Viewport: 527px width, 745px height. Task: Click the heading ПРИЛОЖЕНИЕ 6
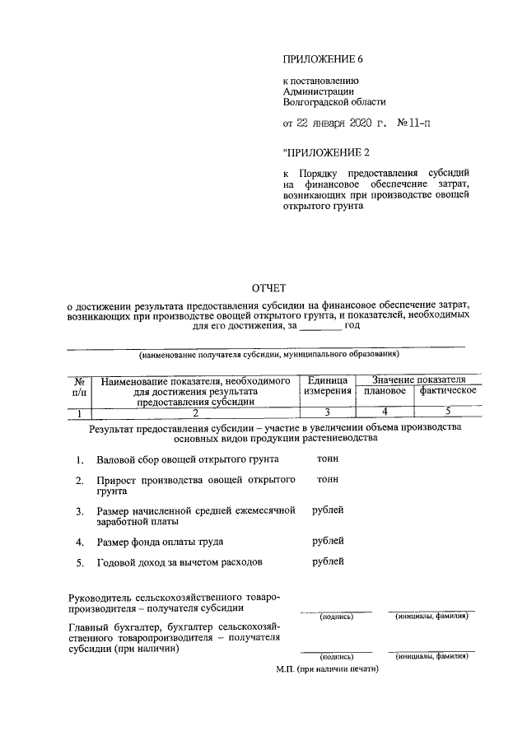point(322,60)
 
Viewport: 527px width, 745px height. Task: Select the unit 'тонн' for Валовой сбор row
point(326,458)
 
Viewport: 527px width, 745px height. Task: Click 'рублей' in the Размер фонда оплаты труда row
point(328,541)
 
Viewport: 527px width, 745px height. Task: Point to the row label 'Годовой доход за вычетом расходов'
point(179,563)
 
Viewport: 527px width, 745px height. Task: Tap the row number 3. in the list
point(79,512)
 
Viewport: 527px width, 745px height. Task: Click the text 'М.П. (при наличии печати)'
point(327,669)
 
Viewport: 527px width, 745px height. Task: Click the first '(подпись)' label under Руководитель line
point(335,617)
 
